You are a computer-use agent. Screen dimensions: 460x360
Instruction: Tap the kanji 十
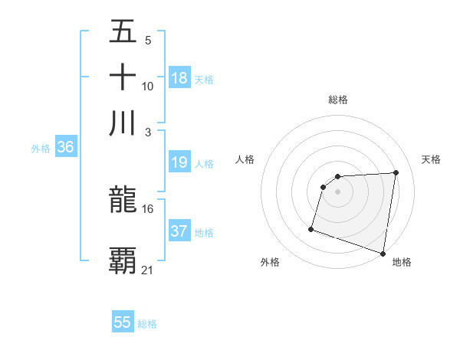[x=123, y=78]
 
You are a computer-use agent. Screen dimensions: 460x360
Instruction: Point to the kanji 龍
[x=123, y=201]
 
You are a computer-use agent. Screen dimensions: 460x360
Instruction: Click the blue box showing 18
[x=179, y=78]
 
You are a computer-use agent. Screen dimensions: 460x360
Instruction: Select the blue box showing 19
[x=179, y=163]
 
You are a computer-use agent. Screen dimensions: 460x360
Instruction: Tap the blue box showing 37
[x=179, y=231]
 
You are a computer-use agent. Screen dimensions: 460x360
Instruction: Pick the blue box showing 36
[x=65, y=148]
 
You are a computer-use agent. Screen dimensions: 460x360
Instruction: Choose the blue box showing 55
[x=123, y=322]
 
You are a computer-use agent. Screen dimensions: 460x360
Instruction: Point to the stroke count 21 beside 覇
[x=148, y=270]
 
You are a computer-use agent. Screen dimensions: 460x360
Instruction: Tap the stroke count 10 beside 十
[x=148, y=87]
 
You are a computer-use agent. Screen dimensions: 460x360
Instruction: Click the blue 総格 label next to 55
[x=147, y=324]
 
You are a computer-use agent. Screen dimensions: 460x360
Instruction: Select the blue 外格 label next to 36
[x=41, y=149]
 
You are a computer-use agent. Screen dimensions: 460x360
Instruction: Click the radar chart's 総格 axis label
[x=338, y=100]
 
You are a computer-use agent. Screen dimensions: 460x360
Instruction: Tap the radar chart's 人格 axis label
[x=245, y=159]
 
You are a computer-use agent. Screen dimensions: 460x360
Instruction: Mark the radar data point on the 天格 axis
[x=396, y=172]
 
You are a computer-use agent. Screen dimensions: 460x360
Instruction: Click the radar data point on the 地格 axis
[x=383, y=253]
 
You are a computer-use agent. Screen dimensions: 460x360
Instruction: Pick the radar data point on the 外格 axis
[x=311, y=228]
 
